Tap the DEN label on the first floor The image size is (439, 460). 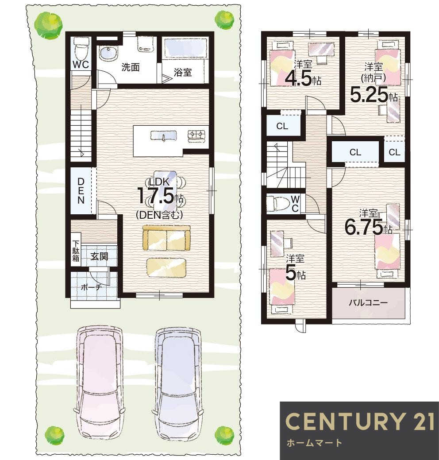(x=81, y=191)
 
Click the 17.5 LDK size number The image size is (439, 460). (x=155, y=196)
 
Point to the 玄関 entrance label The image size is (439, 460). (x=99, y=256)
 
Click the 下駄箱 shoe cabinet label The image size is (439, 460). (x=76, y=251)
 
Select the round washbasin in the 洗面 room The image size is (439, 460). (x=108, y=53)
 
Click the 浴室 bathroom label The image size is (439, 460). (x=183, y=72)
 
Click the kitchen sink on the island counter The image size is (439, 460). (x=163, y=136)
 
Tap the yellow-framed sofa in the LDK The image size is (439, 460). (x=166, y=238)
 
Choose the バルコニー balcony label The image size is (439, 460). (x=368, y=302)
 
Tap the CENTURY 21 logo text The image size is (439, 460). (x=360, y=421)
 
